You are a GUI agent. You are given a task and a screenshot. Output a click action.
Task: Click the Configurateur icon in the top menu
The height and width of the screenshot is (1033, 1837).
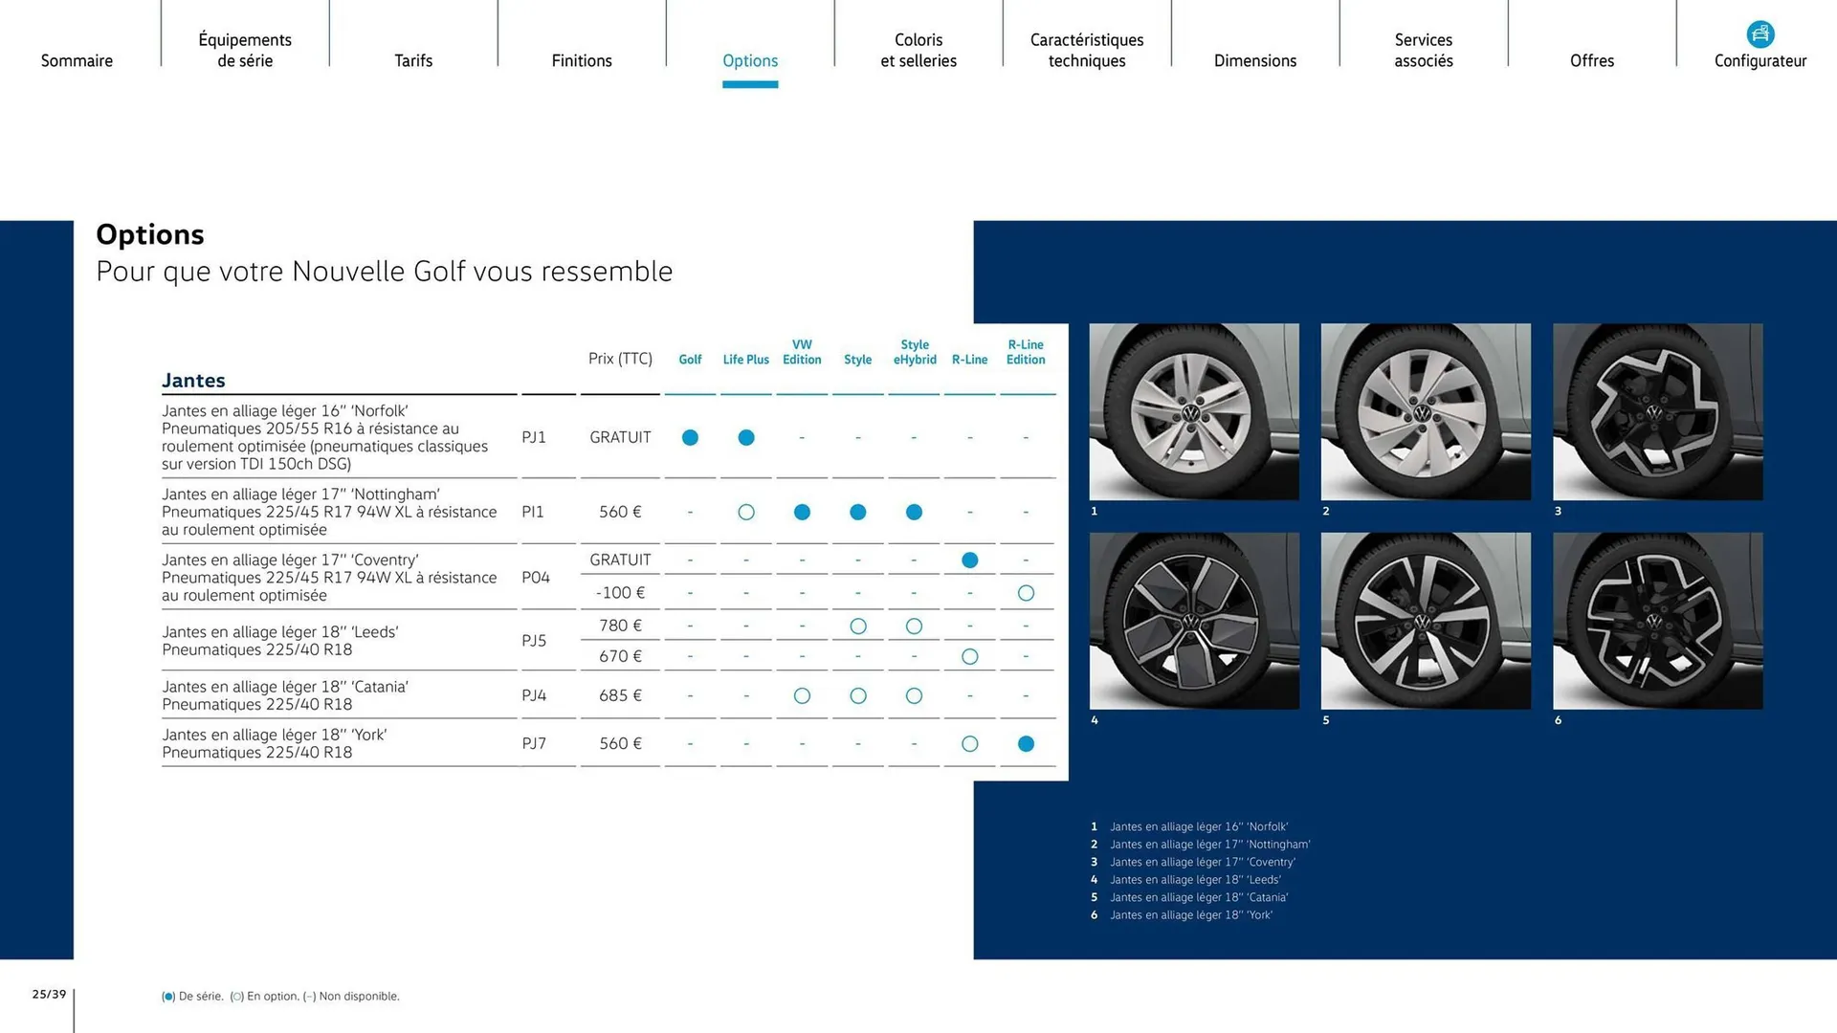tap(1760, 34)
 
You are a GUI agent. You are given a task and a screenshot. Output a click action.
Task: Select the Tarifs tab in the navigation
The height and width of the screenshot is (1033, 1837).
tap(413, 60)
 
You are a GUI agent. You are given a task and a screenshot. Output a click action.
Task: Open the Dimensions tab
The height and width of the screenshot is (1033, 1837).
tap(1254, 60)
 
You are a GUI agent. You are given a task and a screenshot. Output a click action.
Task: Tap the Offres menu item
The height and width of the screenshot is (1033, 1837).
tap(1591, 60)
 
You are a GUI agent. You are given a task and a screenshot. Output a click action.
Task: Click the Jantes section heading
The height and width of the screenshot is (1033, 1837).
tap(193, 381)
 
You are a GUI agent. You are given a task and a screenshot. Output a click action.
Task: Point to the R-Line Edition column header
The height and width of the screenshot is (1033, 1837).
tap(1026, 352)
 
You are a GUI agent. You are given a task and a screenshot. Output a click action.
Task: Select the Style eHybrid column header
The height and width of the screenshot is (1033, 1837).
tap(915, 352)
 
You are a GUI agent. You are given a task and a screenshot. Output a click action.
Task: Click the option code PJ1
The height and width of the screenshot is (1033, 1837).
tap(534, 437)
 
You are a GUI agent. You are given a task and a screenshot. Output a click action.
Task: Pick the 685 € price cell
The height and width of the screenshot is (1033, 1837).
tap(620, 695)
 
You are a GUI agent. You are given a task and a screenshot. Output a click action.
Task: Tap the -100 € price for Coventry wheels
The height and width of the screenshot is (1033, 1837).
tap(620, 593)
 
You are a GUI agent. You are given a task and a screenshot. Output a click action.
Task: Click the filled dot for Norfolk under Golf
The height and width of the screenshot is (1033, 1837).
tap(690, 437)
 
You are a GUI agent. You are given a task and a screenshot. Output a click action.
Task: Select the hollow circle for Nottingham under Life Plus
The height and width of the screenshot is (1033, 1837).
tap(746, 512)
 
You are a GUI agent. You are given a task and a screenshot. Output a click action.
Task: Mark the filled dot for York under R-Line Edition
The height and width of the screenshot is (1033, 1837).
tap(1026, 743)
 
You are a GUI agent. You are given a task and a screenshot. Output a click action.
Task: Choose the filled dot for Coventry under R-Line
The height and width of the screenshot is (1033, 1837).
tap(969, 560)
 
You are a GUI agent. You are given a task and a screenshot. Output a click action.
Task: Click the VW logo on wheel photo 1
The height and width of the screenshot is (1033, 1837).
tap(1191, 413)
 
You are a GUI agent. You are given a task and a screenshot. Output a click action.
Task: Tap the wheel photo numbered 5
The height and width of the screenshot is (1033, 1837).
tap(1426, 621)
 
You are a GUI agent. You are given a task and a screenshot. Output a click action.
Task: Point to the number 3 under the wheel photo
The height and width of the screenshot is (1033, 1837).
tap(1558, 511)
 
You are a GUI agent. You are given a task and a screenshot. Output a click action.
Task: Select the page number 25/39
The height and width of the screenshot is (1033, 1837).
tap(49, 995)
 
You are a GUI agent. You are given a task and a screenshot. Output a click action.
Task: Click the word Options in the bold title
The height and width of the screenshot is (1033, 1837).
tap(150, 234)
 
